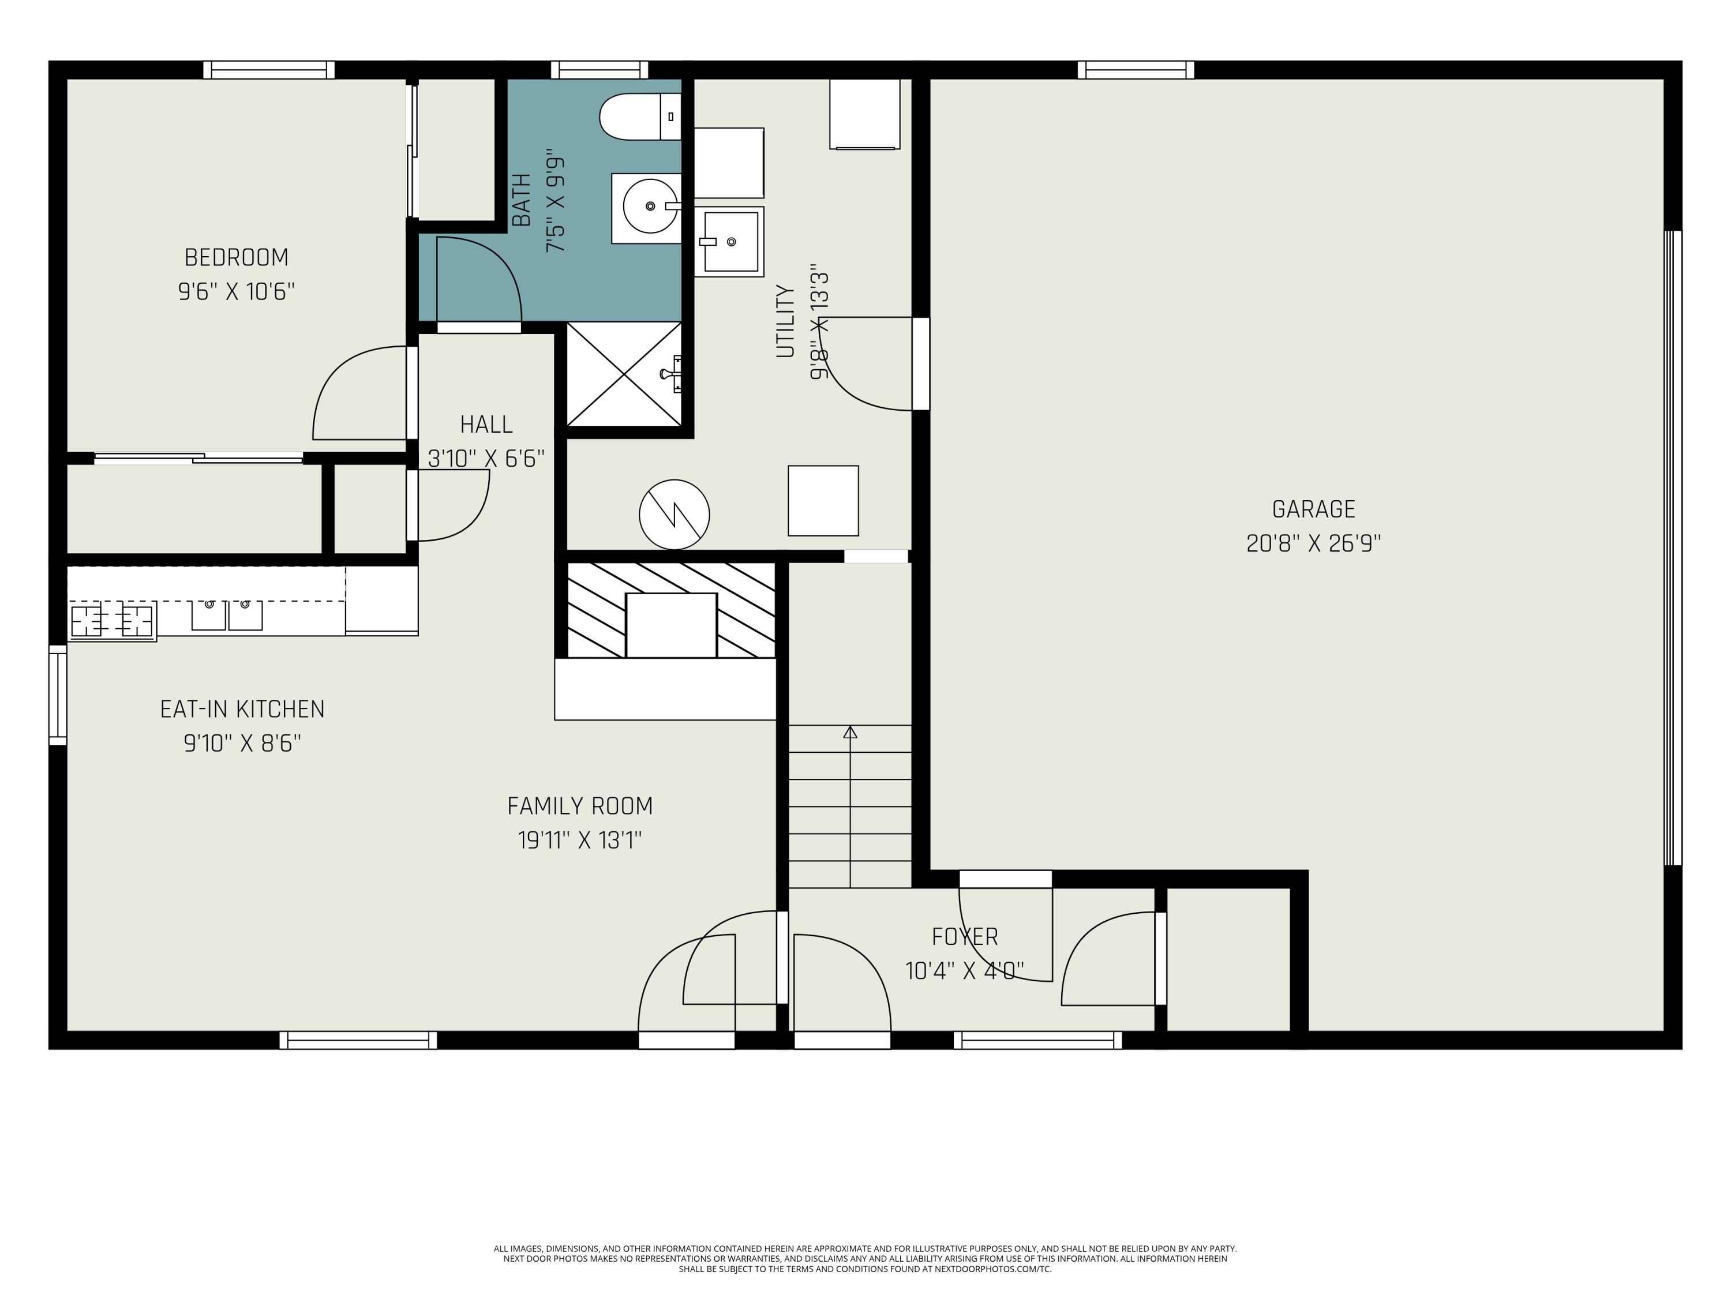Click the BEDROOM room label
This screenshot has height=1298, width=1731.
coord(237,257)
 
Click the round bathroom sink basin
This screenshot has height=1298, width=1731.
coord(650,207)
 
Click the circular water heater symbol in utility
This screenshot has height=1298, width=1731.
coord(675,515)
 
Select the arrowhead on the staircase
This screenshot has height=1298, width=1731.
coord(850,732)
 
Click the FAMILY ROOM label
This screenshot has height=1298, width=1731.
coord(580,806)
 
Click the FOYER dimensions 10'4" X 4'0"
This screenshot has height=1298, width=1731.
coord(965,971)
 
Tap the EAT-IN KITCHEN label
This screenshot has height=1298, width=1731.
coord(242,710)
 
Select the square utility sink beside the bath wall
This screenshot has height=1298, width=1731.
coord(729,242)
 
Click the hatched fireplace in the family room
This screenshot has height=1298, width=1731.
coord(670,610)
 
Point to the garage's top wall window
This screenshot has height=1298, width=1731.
coord(1136,70)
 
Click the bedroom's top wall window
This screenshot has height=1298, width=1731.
coord(269,70)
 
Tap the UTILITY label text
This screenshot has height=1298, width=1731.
coord(785,321)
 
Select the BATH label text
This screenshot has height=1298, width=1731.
coord(520,200)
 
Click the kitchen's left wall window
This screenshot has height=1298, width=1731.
coord(58,695)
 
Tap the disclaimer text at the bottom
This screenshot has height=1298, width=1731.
coord(865,1259)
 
